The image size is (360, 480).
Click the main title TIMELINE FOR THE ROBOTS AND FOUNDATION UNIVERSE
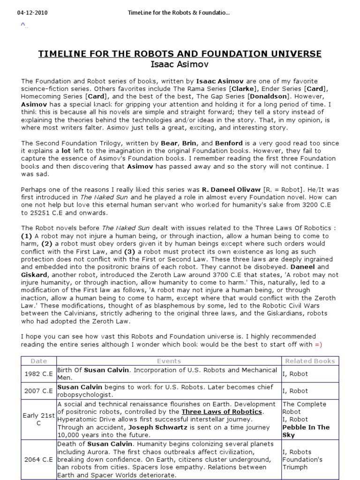tap(180, 53)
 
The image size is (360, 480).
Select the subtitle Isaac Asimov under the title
tap(180, 64)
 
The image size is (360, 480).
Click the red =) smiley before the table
tap(319, 344)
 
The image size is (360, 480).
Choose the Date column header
tap(39, 361)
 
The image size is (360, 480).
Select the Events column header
tap(169, 361)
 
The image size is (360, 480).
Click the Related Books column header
tap(310, 361)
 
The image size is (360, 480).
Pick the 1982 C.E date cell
tap(39, 374)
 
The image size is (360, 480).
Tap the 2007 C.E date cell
tap(39, 391)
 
